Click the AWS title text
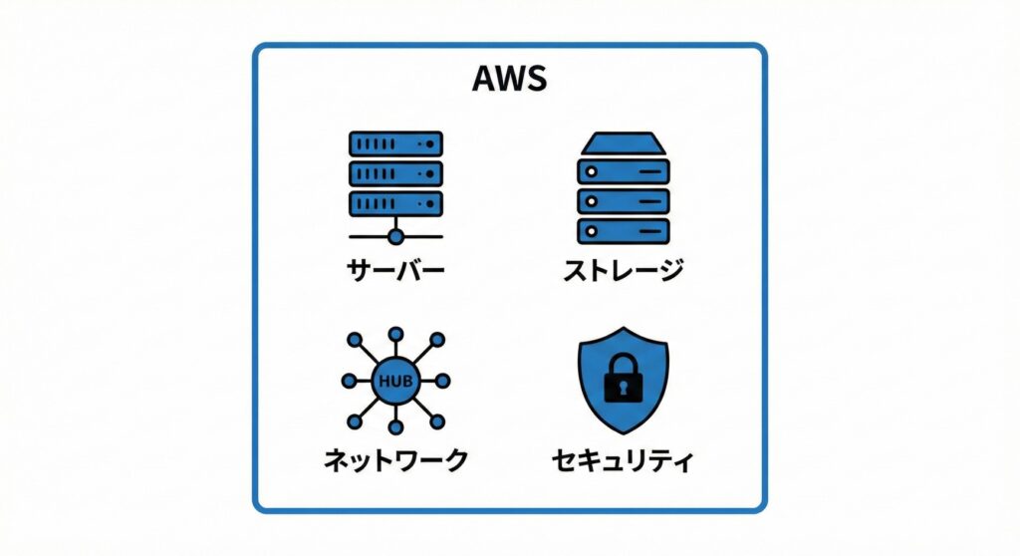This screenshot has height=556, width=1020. click(509, 80)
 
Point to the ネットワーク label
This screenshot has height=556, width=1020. click(395, 459)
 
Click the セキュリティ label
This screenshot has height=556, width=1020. click(624, 460)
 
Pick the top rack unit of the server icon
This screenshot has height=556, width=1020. click(395, 143)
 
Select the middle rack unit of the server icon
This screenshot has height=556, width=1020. click(395, 173)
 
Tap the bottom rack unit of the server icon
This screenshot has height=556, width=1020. click(395, 203)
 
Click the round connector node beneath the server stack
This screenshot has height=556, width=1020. click(395, 237)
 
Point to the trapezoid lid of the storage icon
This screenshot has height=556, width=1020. click(624, 143)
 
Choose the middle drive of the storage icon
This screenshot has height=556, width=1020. click(624, 200)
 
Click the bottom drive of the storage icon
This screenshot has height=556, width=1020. click(624, 230)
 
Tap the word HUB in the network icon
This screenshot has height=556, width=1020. click(395, 381)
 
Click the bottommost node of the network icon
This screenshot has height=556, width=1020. click(395, 427)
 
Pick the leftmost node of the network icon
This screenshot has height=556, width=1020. click(349, 381)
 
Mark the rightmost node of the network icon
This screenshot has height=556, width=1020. click(442, 381)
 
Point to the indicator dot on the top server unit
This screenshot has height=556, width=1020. click(430, 143)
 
